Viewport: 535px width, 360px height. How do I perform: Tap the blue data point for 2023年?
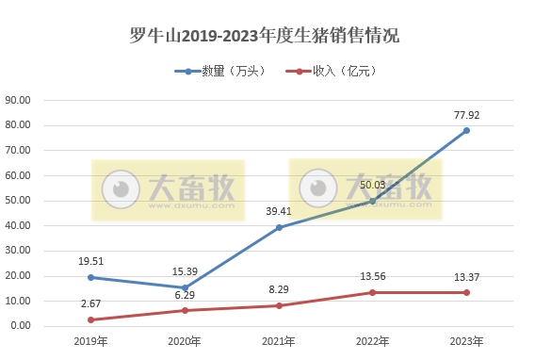tap(466, 130)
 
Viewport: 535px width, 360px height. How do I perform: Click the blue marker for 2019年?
tap(90, 277)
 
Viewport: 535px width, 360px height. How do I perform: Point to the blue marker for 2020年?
tap(185, 287)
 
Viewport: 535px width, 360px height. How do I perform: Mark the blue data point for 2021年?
tap(279, 227)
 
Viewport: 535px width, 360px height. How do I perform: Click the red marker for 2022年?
tap(372, 292)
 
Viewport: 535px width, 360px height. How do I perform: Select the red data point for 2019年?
tap(90, 319)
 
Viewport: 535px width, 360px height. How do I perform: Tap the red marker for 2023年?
tap(466, 292)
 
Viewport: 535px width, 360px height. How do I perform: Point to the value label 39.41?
tap(279, 211)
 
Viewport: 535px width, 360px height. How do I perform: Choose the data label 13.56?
tap(373, 276)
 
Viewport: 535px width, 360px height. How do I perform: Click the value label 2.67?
tap(90, 303)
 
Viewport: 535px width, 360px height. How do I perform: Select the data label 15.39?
tap(185, 271)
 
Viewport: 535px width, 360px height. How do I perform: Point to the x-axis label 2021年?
tap(279, 341)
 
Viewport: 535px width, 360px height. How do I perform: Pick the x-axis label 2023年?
tap(466, 341)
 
